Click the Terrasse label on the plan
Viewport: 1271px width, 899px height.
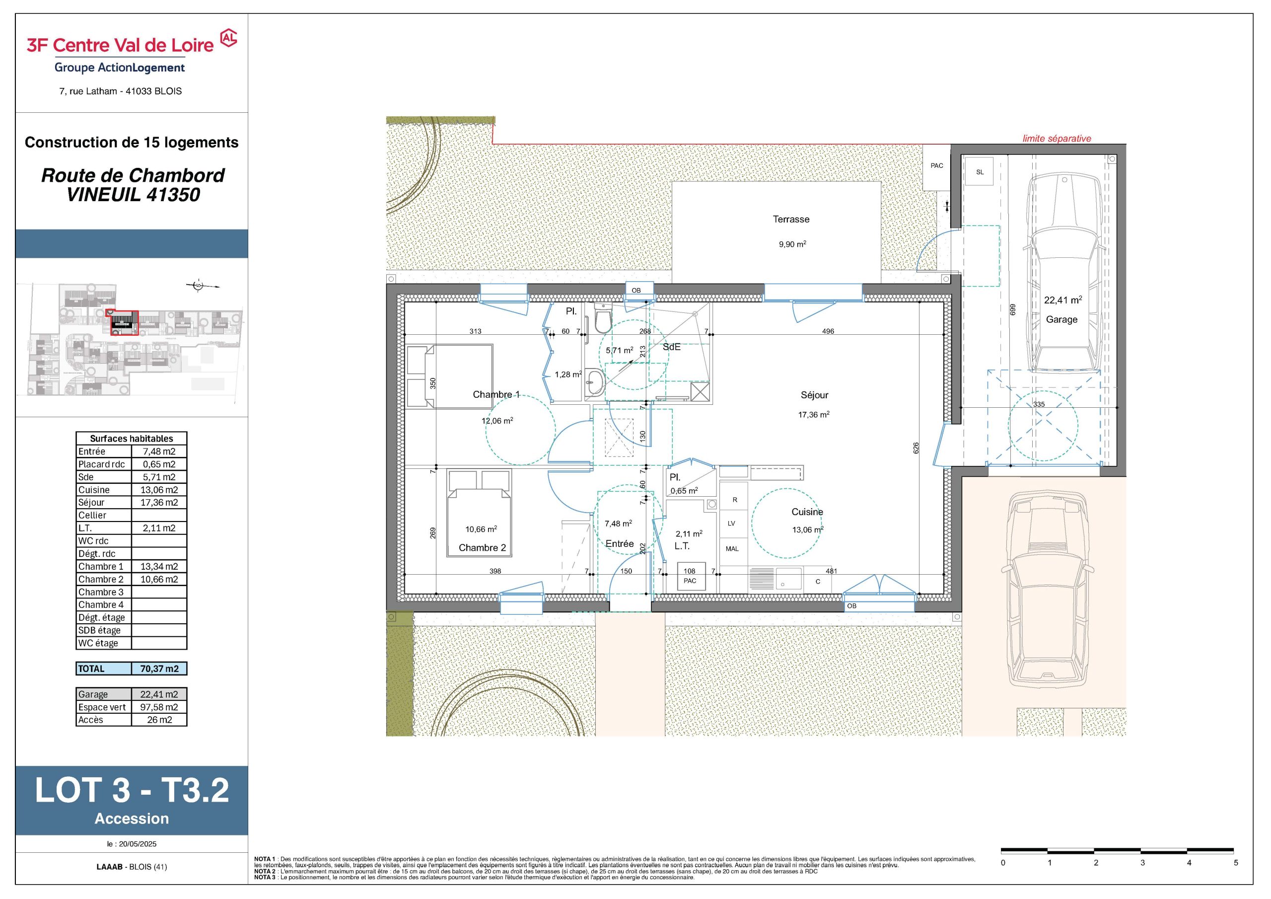[x=790, y=220]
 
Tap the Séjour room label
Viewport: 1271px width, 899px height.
[x=814, y=395]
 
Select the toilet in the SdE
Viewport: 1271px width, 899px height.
[x=602, y=318]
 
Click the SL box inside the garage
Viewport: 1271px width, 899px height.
[x=979, y=172]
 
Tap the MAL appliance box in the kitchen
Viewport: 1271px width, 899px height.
[x=732, y=548]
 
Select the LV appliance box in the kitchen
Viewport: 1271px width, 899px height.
[x=732, y=523]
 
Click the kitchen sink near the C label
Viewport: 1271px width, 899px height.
[x=788, y=579]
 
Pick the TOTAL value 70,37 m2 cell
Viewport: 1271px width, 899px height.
[x=159, y=669]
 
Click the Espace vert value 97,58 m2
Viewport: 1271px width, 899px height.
[x=159, y=707]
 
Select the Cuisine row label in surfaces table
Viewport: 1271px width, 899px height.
[x=94, y=490]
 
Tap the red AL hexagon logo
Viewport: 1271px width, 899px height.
[x=228, y=38]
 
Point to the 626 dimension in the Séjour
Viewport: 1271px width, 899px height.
[x=916, y=448]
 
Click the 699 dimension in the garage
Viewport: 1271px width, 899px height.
[x=1013, y=309]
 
